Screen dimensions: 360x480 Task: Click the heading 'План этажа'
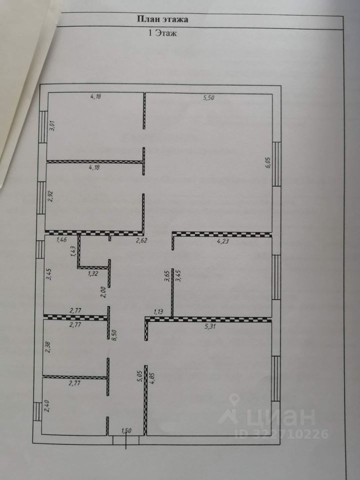[162, 19]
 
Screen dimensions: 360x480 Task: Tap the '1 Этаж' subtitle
[162, 33]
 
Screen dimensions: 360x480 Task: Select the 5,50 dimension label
[208, 98]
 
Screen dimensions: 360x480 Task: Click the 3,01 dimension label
[52, 126]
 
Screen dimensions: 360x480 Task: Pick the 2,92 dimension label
[51, 196]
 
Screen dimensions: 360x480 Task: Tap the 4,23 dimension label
[223, 241]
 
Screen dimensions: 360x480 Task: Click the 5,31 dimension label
[210, 326]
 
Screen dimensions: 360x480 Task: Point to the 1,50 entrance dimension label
[126, 430]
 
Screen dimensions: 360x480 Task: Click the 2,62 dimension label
[141, 240]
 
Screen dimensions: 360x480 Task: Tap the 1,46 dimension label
[61, 239]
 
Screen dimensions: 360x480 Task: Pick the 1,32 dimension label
[93, 273]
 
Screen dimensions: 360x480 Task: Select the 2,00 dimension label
[103, 291]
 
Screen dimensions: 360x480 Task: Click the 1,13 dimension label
[158, 312]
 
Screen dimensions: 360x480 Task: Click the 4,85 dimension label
[152, 385]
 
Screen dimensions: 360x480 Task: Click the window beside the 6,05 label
[276, 164]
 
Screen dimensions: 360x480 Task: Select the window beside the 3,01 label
[44, 126]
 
